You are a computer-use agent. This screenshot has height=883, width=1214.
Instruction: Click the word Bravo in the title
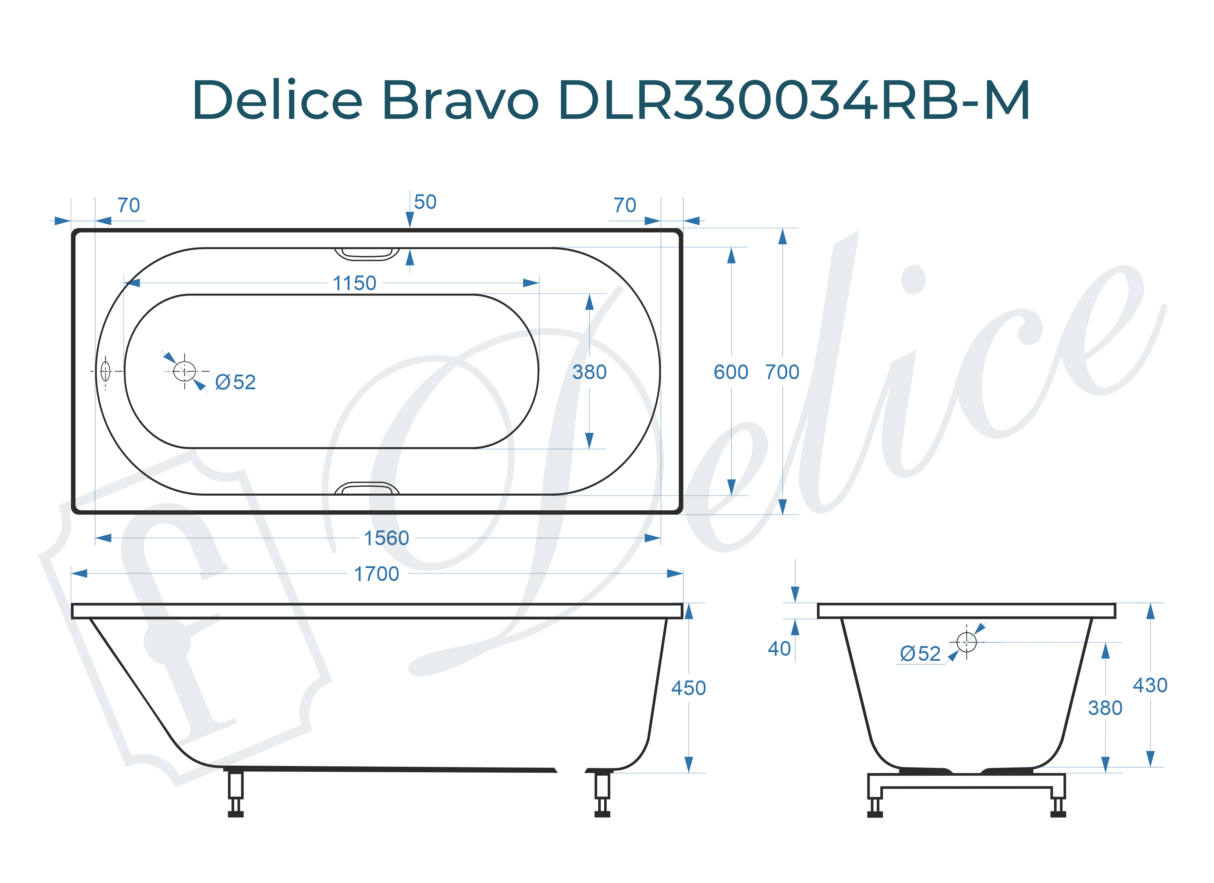coord(460,101)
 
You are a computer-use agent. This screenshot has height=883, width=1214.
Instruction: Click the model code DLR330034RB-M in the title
coord(793,101)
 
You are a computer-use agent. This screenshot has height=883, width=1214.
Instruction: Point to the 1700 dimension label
coord(376,574)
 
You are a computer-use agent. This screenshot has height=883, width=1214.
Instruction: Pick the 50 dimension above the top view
coord(425,202)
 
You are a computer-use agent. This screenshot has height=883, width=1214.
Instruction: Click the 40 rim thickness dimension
coord(779,649)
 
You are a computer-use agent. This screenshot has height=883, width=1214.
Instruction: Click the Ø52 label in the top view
coord(235,382)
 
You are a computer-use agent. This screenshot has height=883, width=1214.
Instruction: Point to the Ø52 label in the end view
coord(920,654)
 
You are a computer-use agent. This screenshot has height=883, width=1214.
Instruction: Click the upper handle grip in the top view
coord(367,254)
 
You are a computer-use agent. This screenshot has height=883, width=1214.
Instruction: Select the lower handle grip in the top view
coord(367,488)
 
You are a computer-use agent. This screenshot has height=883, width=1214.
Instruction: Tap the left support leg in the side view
coord(235,792)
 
